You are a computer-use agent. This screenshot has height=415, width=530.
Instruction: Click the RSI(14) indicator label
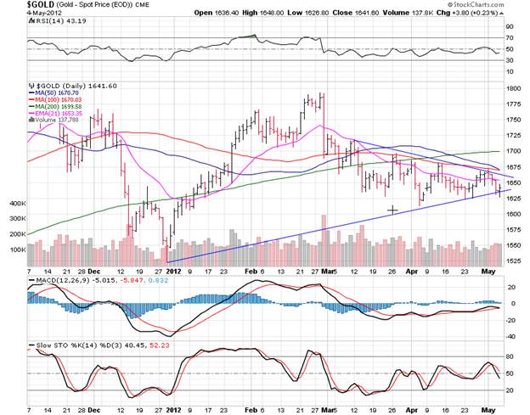pyautogui.click(x=42, y=23)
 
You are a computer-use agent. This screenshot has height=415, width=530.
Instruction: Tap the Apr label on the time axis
pyautogui.click(x=391, y=272)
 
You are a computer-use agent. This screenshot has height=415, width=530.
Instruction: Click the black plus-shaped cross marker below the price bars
pyautogui.click(x=392, y=210)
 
